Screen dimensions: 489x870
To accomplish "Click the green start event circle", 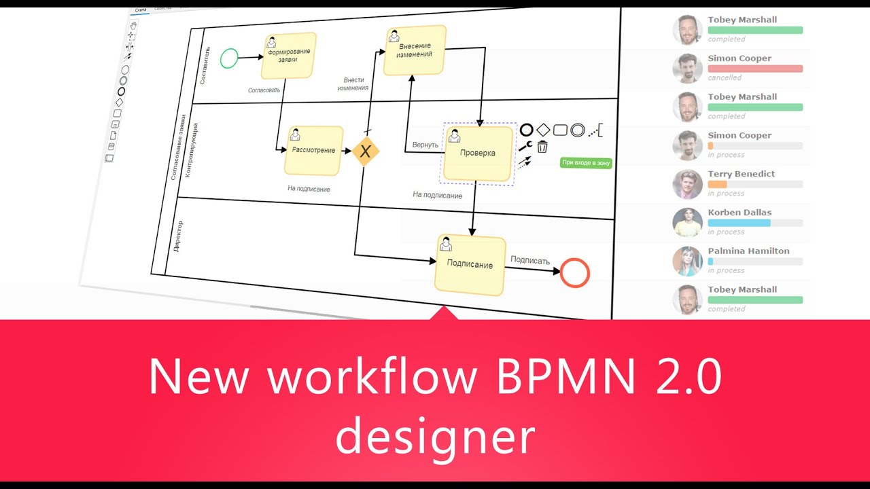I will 230,58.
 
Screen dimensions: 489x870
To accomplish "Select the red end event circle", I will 575,273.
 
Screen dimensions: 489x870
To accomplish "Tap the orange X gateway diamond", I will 365,151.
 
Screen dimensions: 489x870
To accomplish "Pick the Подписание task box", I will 470,265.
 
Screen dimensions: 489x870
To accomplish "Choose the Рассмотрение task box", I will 313,150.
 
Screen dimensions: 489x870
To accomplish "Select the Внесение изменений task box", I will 414,50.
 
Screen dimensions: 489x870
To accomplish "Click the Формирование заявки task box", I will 289,56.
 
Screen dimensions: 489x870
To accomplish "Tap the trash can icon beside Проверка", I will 542,147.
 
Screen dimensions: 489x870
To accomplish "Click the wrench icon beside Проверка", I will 525,146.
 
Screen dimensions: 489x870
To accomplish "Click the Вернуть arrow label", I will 425,145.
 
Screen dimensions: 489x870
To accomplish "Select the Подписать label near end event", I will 529,260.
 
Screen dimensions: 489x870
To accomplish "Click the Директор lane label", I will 178,237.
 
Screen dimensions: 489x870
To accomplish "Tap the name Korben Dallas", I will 739,213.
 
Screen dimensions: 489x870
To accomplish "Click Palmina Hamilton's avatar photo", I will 687,261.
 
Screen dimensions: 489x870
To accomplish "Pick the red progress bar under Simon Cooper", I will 755,69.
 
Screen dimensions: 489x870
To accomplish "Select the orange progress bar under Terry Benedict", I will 717,184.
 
